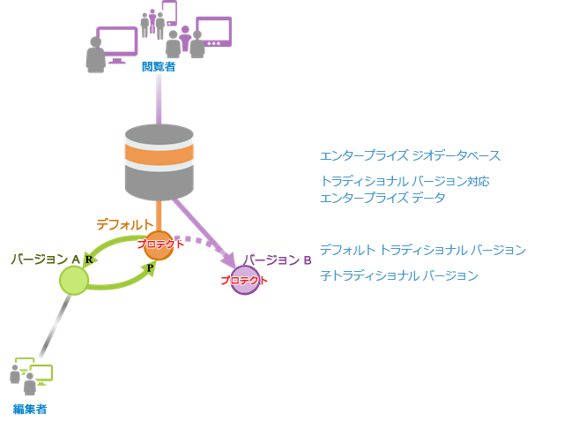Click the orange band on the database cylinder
[x=159, y=155]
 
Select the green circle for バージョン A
[x=74, y=280]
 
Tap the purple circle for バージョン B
[x=244, y=280]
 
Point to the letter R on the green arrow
[x=89, y=260]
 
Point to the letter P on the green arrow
[x=151, y=267]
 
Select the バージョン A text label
[x=41, y=259]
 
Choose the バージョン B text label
[x=278, y=260]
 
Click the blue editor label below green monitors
[x=30, y=409]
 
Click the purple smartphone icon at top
[x=169, y=12]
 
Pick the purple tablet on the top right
[x=213, y=30]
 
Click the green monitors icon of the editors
[x=38, y=373]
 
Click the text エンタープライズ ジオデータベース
[x=410, y=156]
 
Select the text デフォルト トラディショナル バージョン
[x=422, y=250]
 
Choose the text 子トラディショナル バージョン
[x=398, y=275]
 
